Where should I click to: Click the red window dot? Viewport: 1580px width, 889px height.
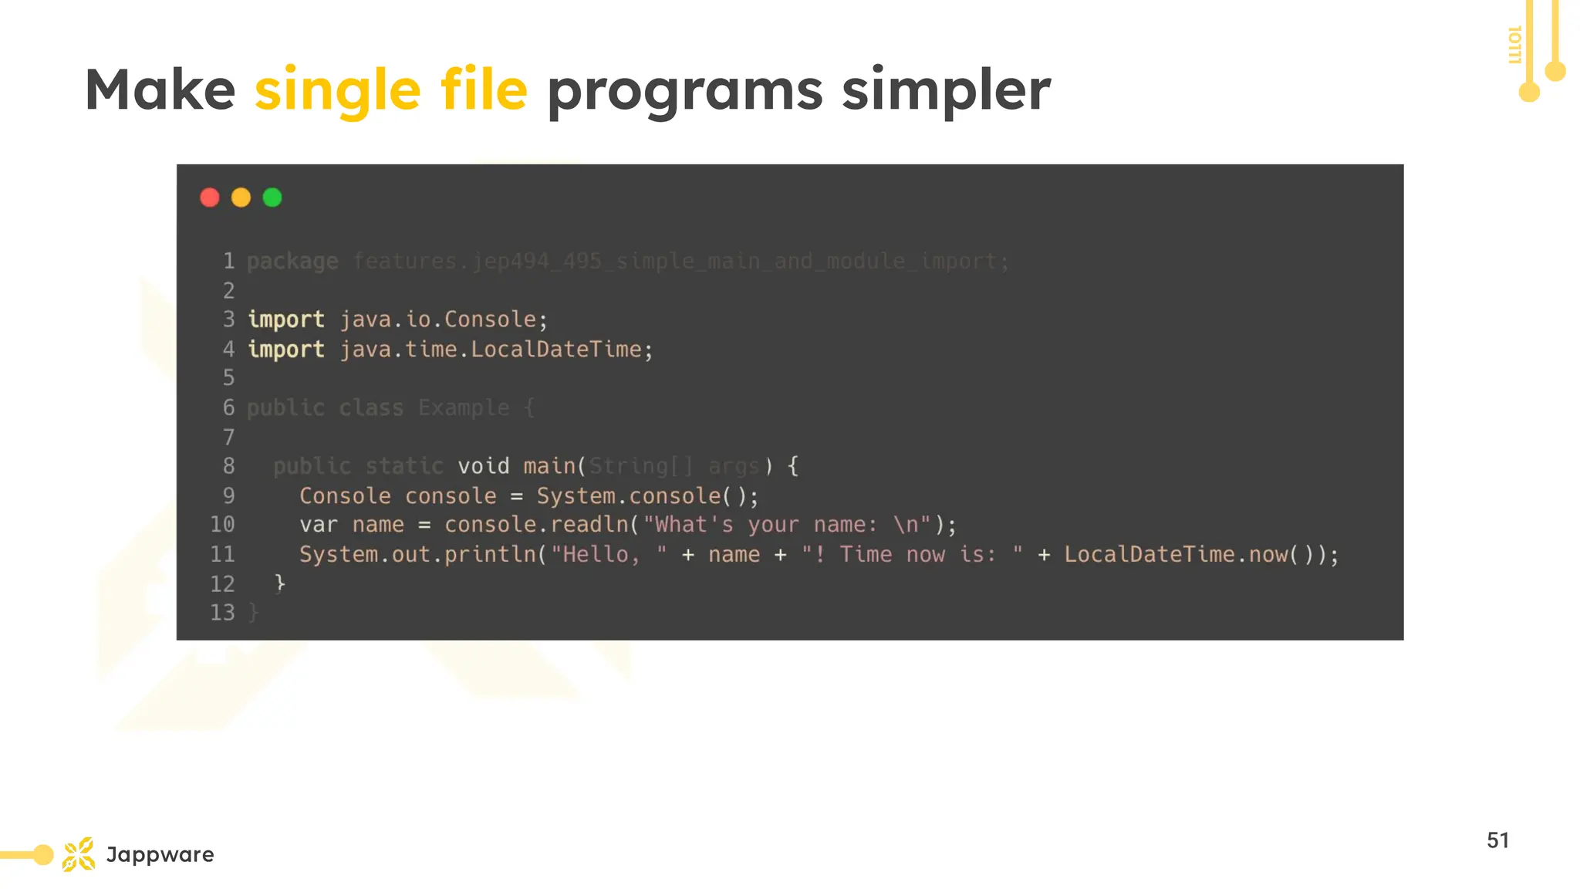[x=210, y=198]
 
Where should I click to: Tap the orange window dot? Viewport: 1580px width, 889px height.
[x=241, y=198]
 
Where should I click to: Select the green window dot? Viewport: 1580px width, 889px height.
[x=272, y=198]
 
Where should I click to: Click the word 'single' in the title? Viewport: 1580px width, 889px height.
[x=338, y=91]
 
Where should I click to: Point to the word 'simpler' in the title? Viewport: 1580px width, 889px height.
[x=946, y=91]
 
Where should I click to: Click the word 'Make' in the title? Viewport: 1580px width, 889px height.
[x=160, y=90]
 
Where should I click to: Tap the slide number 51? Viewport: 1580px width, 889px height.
[x=1497, y=840]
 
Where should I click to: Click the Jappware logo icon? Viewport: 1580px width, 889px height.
[x=79, y=854]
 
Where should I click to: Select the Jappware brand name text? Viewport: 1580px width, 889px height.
[x=160, y=854]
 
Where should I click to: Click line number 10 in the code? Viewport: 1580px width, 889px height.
[x=222, y=525]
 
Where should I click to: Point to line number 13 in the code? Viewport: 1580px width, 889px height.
[x=222, y=613]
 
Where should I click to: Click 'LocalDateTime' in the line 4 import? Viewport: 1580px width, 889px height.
[x=555, y=350]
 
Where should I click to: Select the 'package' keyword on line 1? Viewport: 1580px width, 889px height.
[x=292, y=262]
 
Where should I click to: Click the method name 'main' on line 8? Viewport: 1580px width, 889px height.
[x=549, y=466]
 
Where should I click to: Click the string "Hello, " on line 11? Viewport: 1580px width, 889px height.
[x=609, y=554]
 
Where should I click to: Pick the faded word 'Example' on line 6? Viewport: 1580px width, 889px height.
[x=464, y=407]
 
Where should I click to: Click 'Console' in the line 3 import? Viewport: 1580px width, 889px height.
[x=490, y=319]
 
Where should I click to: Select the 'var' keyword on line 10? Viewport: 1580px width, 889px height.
[x=319, y=525]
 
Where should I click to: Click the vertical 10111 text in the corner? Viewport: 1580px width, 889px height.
[x=1514, y=45]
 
